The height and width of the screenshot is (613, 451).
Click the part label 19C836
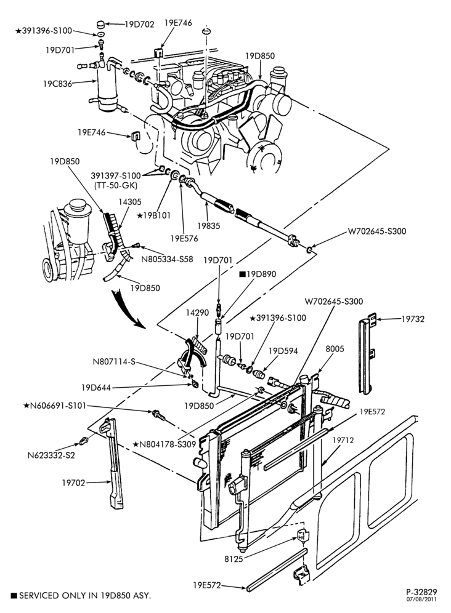[x=57, y=84]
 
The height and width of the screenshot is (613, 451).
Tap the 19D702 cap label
[x=139, y=24]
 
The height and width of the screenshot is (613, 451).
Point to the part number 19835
[x=209, y=226]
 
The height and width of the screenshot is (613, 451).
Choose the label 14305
[x=131, y=202]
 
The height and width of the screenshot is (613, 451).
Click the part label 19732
[x=413, y=319]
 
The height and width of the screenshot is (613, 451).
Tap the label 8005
[x=335, y=349]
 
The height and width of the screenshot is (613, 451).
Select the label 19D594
[x=283, y=351]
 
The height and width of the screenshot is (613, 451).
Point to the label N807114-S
[x=114, y=362]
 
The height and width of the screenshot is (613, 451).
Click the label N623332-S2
[x=51, y=455]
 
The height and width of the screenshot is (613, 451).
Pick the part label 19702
[x=73, y=483]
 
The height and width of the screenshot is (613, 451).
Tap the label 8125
[x=234, y=559]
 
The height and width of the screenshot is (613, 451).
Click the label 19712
[x=343, y=440]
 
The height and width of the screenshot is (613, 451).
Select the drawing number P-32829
[x=421, y=592]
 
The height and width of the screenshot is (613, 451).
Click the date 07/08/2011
[x=421, y=599]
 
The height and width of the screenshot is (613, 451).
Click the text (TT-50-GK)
[x=116, y=185]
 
